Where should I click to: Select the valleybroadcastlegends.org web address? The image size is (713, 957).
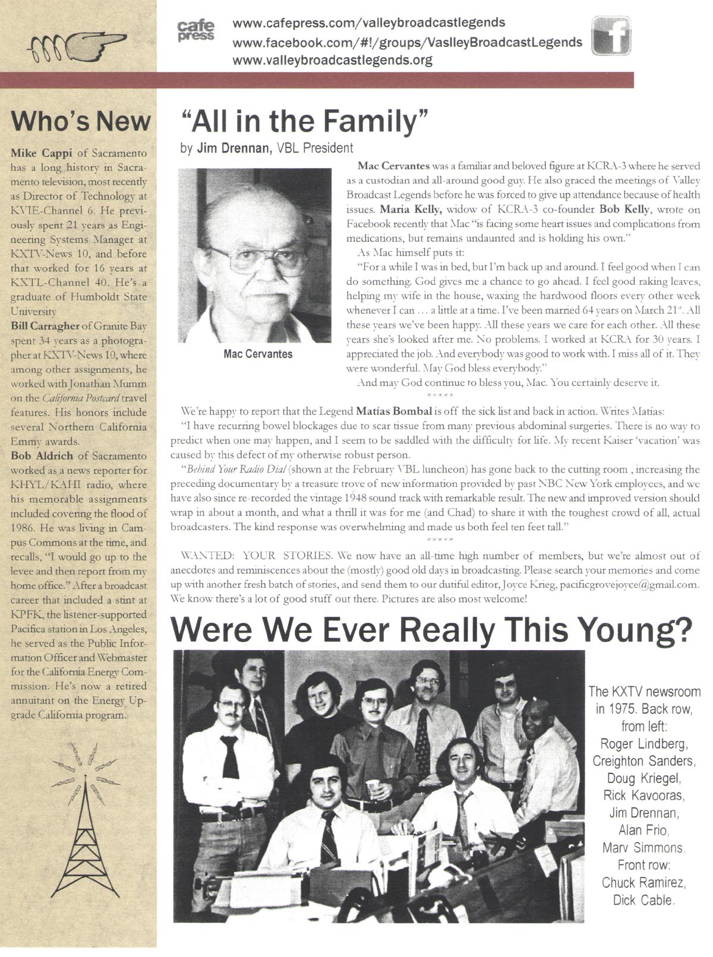[332, 60]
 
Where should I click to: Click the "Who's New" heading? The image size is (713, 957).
[80, 122]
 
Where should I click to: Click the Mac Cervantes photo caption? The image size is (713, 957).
[258, 354]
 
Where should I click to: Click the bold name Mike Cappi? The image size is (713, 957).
[36, 153]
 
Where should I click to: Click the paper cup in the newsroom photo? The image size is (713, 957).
[373, 789]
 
